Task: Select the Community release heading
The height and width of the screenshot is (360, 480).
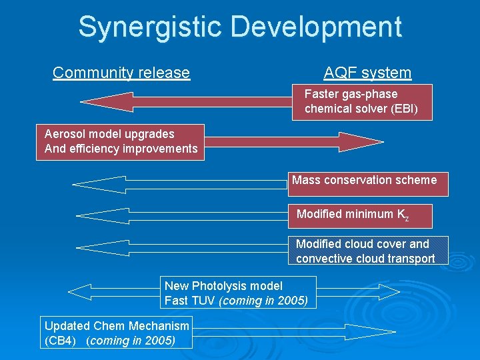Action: click(121, 73)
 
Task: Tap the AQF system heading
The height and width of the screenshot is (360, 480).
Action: click(367, 73)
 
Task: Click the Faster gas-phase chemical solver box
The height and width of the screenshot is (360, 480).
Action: click(362, 101)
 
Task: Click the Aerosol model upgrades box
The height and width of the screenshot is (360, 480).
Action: click(121, 141)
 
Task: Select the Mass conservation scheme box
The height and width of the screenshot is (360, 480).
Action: click(368, 183)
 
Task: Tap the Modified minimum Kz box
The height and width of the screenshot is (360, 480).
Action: click(360, 215)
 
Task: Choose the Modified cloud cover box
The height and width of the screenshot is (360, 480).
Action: click(368, 251)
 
